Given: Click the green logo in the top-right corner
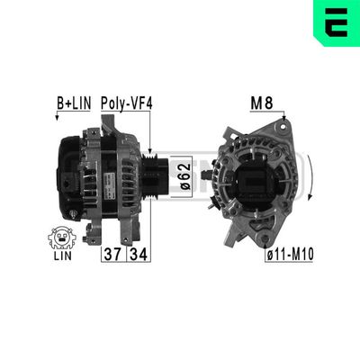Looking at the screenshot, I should pos(338,20).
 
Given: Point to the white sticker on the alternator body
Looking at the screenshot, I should pos(105,175).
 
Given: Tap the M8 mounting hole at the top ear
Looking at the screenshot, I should pos(283,124).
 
